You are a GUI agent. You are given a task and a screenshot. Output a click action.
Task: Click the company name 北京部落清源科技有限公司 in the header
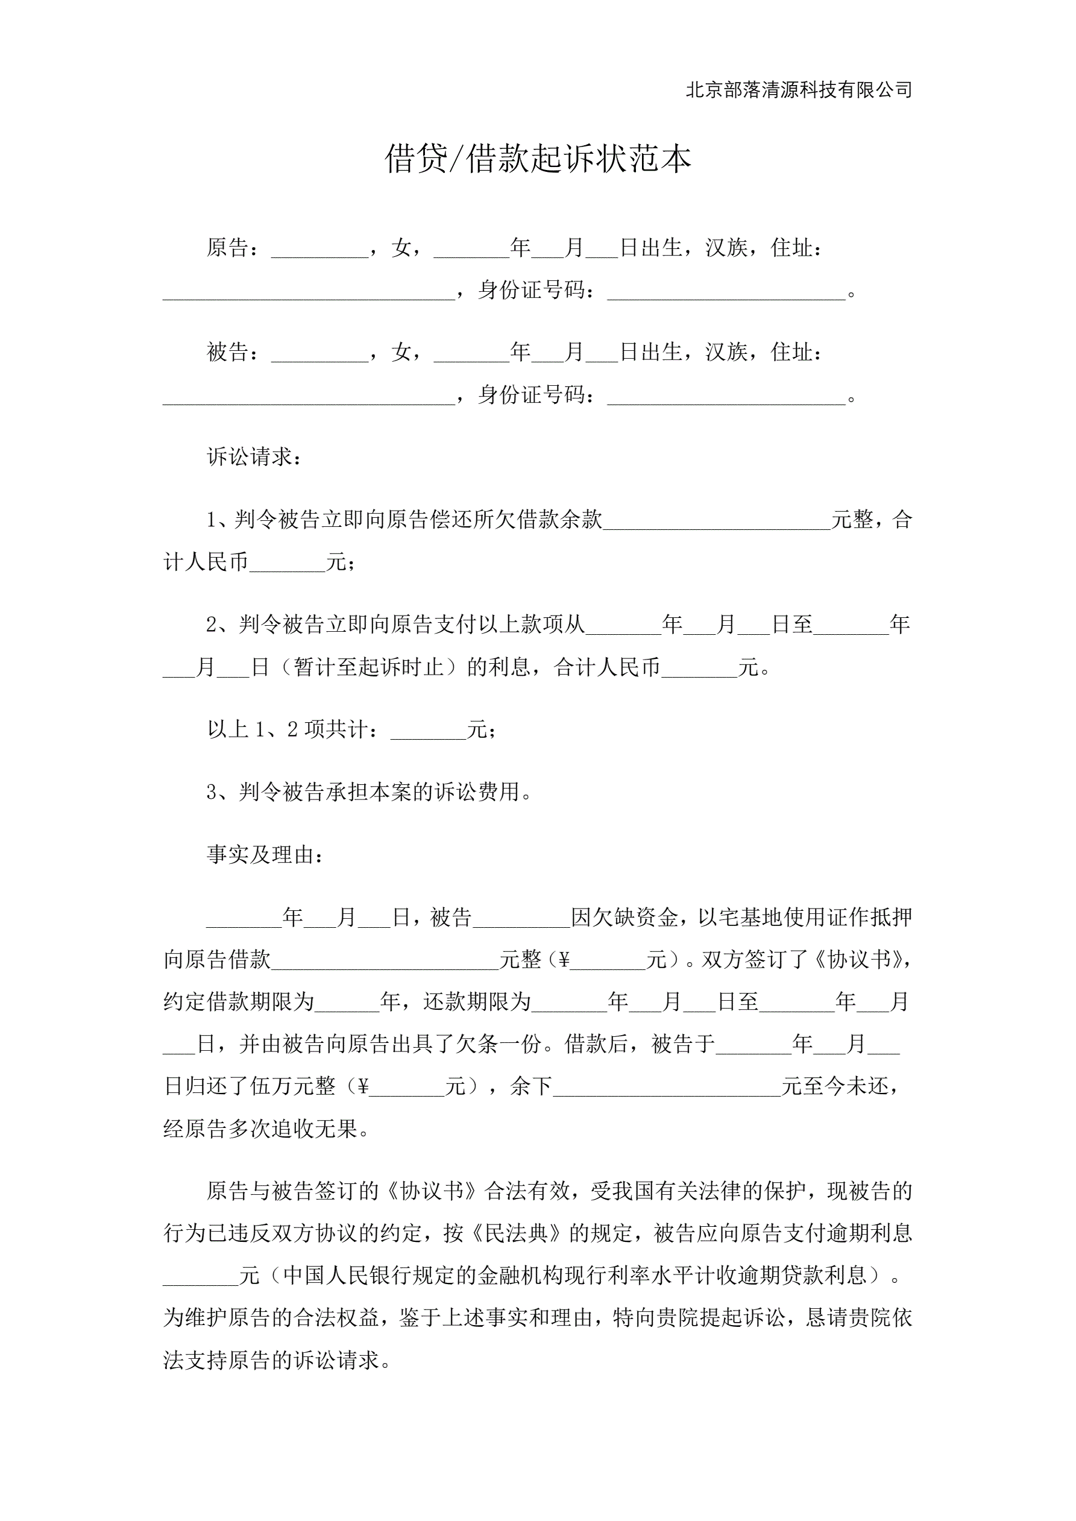click(x=798, y=90)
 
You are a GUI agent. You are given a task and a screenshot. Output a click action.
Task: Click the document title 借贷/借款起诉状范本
click(x=537, y=160)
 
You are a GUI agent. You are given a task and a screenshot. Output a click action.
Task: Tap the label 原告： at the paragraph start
click(x=233, y=248)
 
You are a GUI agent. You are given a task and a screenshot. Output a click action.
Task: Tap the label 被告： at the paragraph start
click(x=233, y=353)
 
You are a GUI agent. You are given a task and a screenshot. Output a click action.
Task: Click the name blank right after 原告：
click(x=320, y=249)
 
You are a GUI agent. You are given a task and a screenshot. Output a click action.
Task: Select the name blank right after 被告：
click(x=320, y=354)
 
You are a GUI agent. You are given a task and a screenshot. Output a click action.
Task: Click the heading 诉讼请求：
click(x=254, y=457)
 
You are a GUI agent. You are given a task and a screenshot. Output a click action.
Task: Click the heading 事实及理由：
click(x=265, y=855)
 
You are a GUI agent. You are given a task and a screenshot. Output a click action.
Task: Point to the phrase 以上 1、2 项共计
click(x=288, y=729)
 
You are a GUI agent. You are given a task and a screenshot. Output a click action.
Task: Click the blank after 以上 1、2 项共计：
click(x=429, y=731)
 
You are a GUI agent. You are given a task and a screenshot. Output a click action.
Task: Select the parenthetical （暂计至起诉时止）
click(x=368, y=667)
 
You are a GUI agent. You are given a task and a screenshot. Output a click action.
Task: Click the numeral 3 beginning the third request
click(x=212, y=792)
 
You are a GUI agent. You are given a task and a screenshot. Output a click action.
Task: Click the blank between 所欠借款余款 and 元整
click(x=716, y=521)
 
